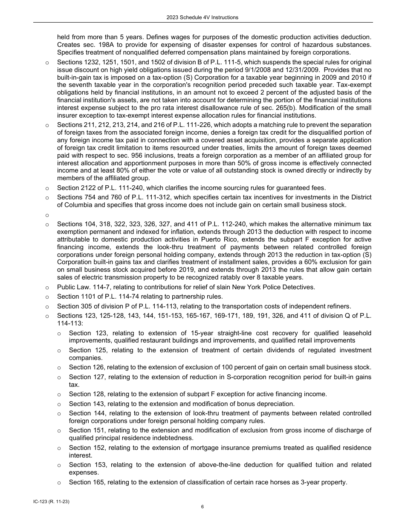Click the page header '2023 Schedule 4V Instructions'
click(202, 17)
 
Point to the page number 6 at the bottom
click(202, 507)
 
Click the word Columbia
click(79, 205)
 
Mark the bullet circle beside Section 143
click(59, 404)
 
